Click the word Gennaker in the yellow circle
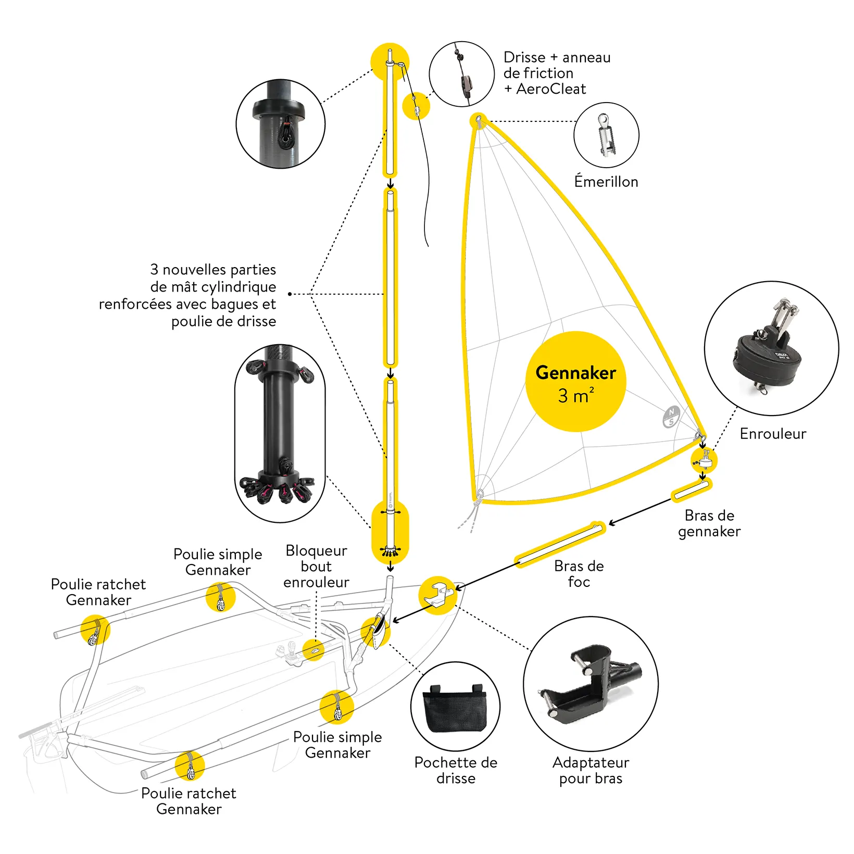pyautogui.click(x=575, y=373)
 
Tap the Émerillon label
pyautogui.click(x=606, y=182)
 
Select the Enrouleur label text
pyautogui.click(x=773, y=434)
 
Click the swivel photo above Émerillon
pyautogui.click(x=606, y=134)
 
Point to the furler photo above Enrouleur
pyautogui.click(x=771, y=348)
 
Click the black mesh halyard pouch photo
pyautogui.click(x=455, y=707)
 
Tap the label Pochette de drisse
pyautogui.click(x=456, y=770)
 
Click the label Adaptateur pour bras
pyautogui.click(x=591, y=770)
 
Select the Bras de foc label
pyautogui.click(x=579, y=574)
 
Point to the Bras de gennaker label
pyautogui.click(x=709, y=523)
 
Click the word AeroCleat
pyautogui.click(x=551, y=89)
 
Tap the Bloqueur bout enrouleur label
pyautogui.click(x=316, y=567)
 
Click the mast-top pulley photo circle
pyautogui.click(x=281, y=124)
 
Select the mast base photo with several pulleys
pyautogui.click(x=280, y=433)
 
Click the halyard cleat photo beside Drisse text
pyautogui.click(x=461, y=74)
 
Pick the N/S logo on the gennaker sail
pyautogui.click(x=671, y=417)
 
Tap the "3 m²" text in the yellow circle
pyautogui.click(x=575, y=396)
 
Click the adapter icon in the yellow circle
pyautogui.click(x=438, y=595)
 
